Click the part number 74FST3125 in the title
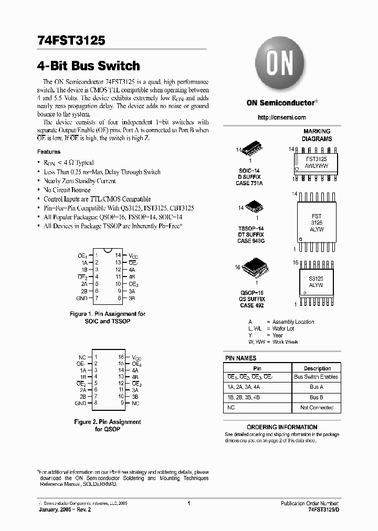tap(71, 40)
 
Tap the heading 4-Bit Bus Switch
tap(89, 66)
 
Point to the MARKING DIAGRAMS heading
tap(317, 135)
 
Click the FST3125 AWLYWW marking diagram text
tap(316, 162)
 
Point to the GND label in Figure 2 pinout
tap(80, 403)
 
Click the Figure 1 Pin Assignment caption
tap(107, 317)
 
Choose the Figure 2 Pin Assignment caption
tap(107, 425)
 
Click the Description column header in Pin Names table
tap(317, 368)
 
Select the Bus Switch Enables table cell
tap(316, 377)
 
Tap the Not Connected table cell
tap(317, 408)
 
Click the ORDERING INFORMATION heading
tap(282, 427)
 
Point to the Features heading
tap(49, 152)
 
